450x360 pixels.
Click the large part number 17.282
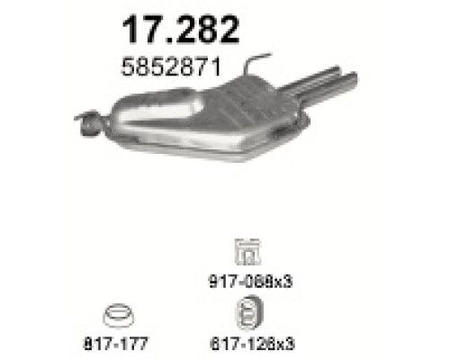[x=181, y=31]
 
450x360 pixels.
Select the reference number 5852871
[x=171, y=67]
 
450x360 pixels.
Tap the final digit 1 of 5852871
[x=215, y=67]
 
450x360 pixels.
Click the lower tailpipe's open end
[x=355, y=78]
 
